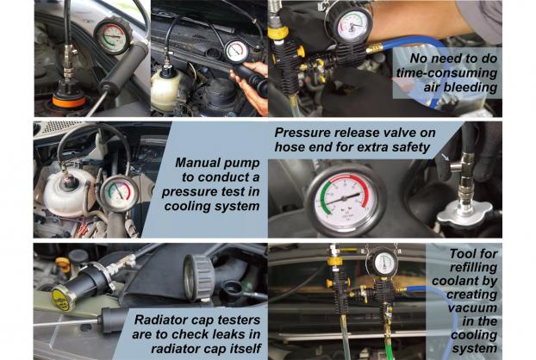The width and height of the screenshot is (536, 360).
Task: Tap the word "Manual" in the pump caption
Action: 198,163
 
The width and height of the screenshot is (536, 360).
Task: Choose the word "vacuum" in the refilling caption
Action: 472,307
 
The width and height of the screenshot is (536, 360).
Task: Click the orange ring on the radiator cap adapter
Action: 69,102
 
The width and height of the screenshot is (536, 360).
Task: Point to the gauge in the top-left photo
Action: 113,36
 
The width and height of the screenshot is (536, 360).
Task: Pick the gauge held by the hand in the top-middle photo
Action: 237,52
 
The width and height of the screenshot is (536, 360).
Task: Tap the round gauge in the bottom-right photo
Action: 383,264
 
